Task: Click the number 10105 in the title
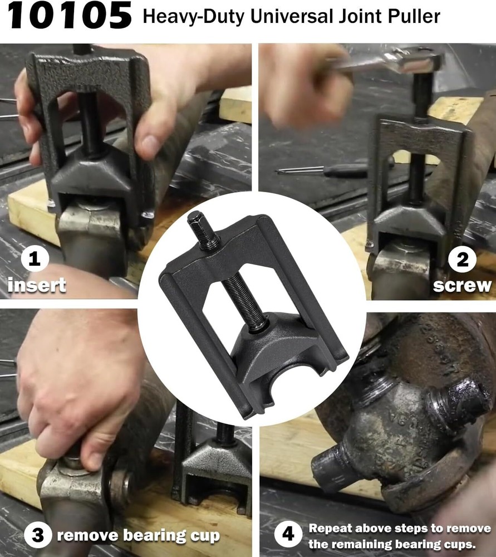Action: pyautogui.click(x=70, y=17)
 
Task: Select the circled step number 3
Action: pyautogui.click(x=37, y=536)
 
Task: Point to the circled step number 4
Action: pyautogui.click(x=288, y=535)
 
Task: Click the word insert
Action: pyautogui.click(x=37, y=286)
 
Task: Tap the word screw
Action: pyautogui.click(x=462, y=286)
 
